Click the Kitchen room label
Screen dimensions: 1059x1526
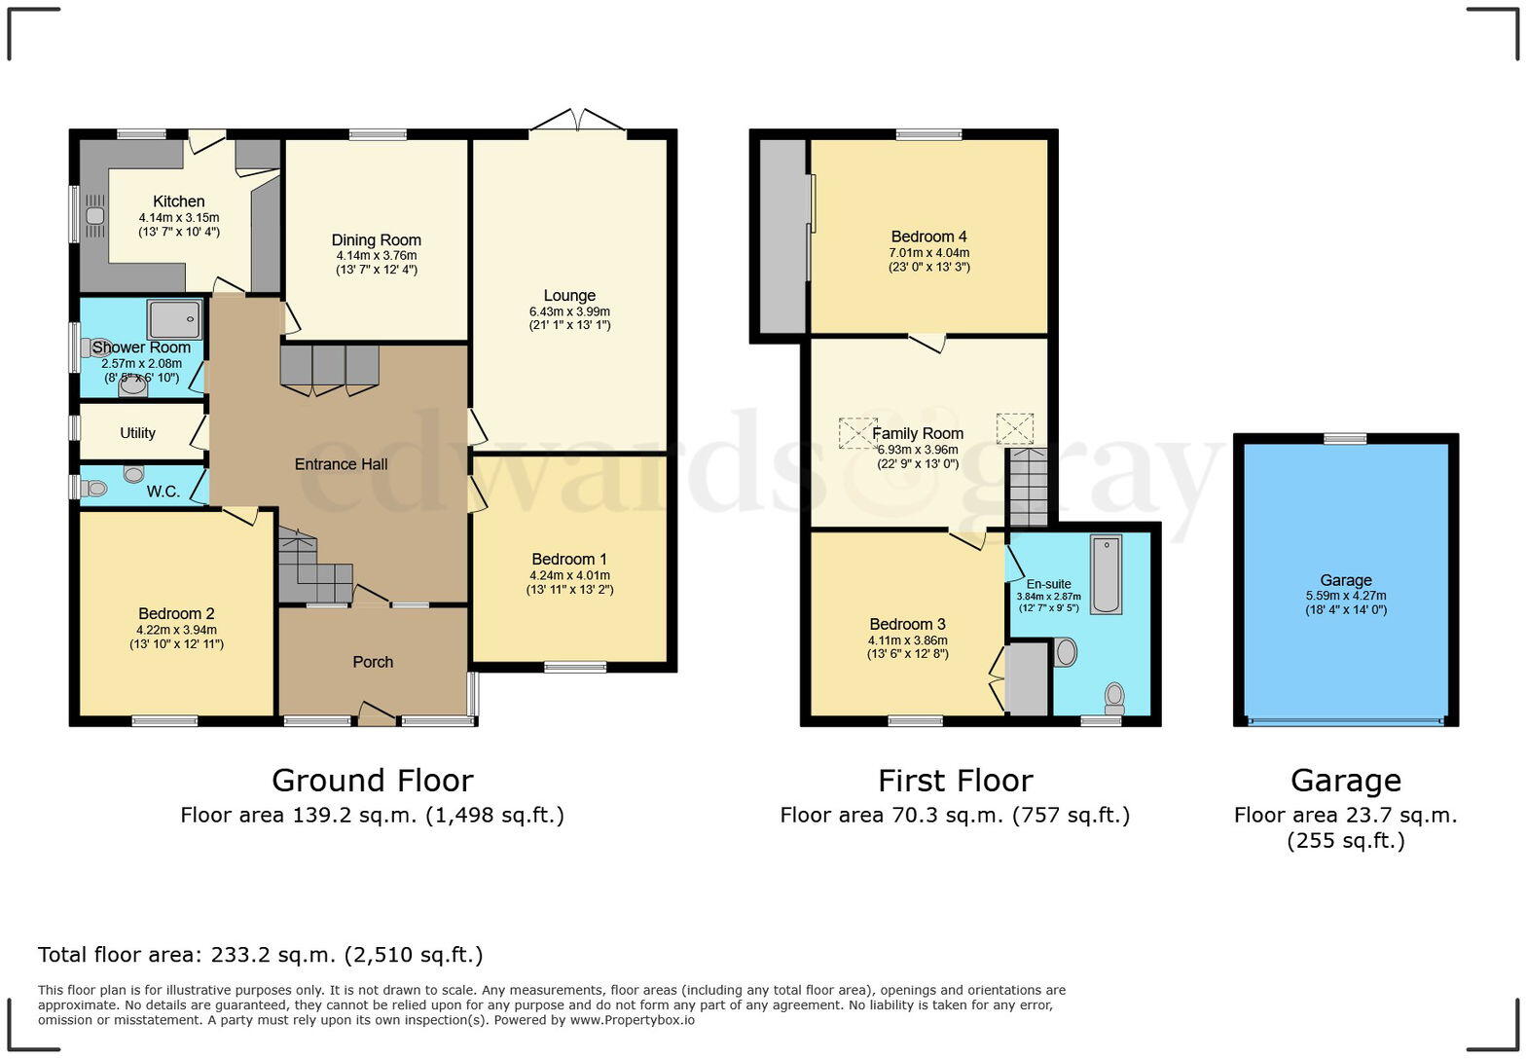pyautogui.click(x=178, y=201)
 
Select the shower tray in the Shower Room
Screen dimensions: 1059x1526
pyautogui.click(x=175, y=319)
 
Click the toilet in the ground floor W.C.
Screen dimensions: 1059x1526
pyautogui.click(x=92, y=489)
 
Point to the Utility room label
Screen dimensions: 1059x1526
pyautogui.click(x=137, y=433)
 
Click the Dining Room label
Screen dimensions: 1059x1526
pyautogui.click(x=376, y=240)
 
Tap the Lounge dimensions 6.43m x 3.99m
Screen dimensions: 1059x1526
pyautogui.click(x=569, y=311)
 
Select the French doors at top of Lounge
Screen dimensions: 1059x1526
pyautogui.click(x=578, y=122)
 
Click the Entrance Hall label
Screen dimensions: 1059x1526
pyautogui.click(x=341, y=464)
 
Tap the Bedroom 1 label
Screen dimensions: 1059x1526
pyautogui.click(x=569, y=560)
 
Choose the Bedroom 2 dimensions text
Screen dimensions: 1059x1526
pyautogui.click(x=176, y=637)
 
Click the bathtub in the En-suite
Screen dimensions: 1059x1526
pyautogui.click(x=1106, y=573)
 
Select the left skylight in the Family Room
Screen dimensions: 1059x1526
pyautogui.click(x=857, y=432)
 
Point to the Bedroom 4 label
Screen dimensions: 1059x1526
pyautogui.click(x=928, y=237)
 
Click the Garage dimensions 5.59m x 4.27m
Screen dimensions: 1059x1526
pyautogui.click(x=1346, y=597)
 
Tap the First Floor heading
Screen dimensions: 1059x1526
pyautogui.click(x=955, y=781)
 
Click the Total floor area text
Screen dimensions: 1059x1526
pyautogui.click(x=260, y=955)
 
